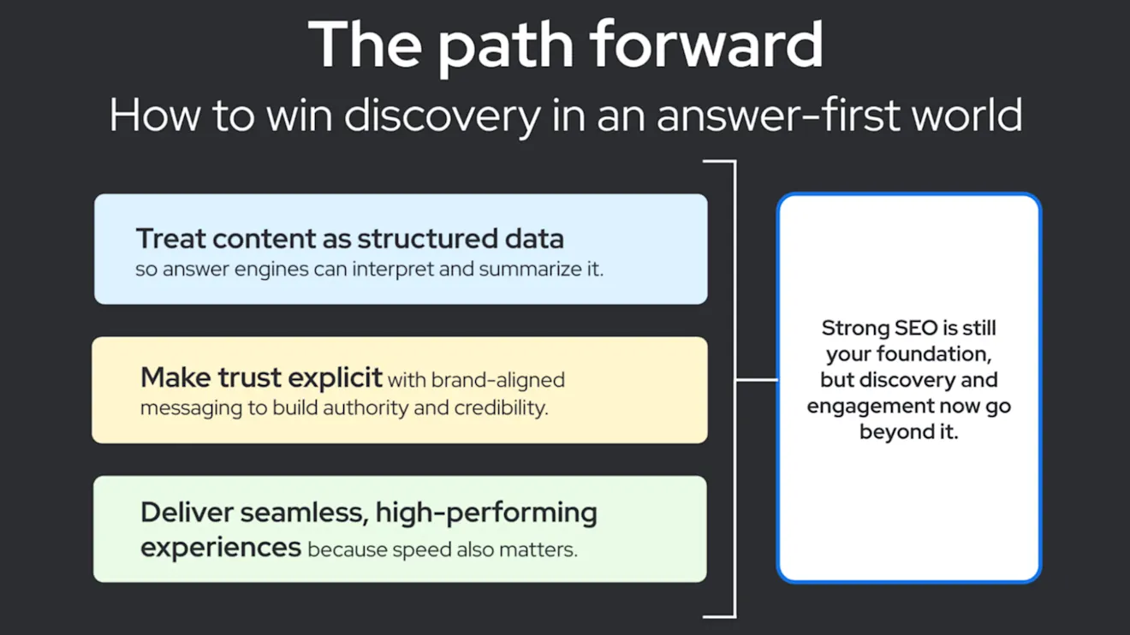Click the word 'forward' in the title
point(707,44)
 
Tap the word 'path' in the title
point(505,49)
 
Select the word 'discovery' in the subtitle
point(443,116)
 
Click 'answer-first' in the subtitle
point(778,116)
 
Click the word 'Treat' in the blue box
point(170,239)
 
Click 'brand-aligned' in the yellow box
point(498,381)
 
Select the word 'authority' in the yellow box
point(366,408)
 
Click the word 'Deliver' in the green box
point(187,513)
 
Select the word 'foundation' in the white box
point(934,353)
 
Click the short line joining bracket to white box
point(757,380)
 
